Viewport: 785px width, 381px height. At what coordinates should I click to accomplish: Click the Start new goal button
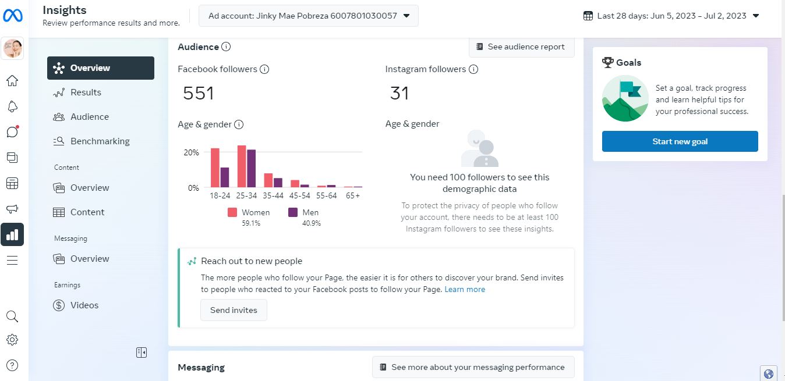680,141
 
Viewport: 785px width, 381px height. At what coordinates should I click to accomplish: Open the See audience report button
521,47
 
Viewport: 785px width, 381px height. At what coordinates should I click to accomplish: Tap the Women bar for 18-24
215,168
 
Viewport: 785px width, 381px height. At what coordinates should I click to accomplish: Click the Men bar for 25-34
251,169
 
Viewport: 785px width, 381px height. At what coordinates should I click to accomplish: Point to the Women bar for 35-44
268,180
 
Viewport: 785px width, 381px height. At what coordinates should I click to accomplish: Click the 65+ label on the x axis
352,196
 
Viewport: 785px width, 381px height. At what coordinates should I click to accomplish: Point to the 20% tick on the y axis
191,152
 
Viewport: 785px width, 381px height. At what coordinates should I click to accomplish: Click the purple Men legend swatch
292,212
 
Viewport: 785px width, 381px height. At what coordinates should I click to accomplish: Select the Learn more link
465,289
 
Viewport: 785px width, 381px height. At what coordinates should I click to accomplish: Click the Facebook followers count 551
199,93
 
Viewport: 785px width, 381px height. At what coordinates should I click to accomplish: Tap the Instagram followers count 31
399,93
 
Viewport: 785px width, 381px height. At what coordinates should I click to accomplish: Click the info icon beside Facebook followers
264,69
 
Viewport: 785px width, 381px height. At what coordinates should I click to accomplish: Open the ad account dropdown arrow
406,16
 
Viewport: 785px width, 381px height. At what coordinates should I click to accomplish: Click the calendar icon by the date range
588,16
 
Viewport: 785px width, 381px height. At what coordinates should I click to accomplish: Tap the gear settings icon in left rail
12,340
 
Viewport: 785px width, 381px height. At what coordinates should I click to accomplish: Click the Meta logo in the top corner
13,16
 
